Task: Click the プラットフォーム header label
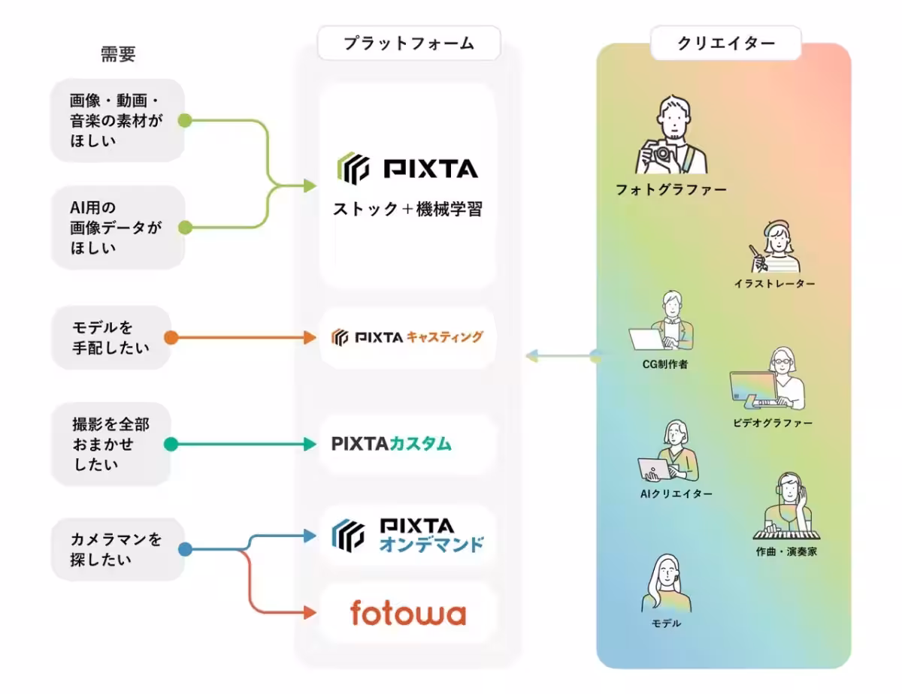coord(409,44)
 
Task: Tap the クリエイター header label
coord(725,44)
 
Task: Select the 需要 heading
coord(118,54)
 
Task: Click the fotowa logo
coord(408,613)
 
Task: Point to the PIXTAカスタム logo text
coord(391,444)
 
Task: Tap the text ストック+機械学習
coord(407,209)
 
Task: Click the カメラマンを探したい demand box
coord(117,549)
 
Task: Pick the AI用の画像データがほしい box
coord(117,227)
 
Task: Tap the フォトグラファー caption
coord(671,190)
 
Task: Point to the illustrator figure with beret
coord(774,248)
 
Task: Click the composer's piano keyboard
coord(783,533)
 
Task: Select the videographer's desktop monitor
coord(752,388)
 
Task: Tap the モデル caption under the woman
coord(666,623)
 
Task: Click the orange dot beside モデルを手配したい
coord(171,337)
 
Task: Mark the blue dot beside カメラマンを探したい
coord(185,549)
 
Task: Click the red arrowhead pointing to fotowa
coord(309,613)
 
